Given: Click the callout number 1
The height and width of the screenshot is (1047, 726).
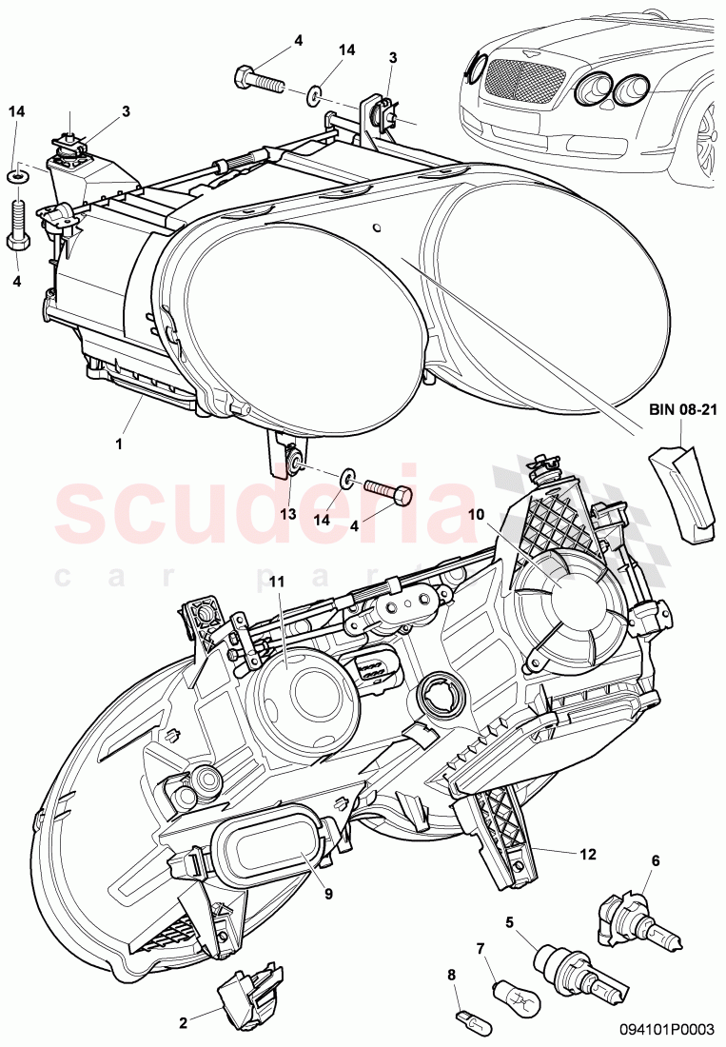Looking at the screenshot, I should pos(120,444).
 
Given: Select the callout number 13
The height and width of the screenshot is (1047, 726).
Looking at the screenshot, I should pos(287,514).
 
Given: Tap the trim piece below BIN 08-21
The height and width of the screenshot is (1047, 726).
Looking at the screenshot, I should pos(681,490).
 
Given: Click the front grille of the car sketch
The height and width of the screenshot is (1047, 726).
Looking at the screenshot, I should pos(521,76).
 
